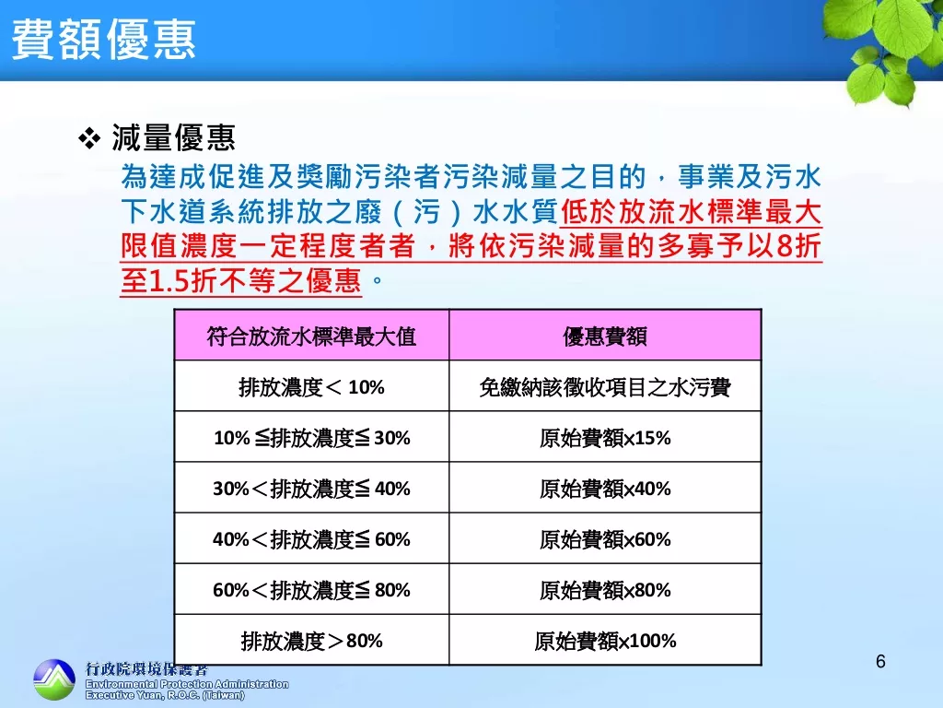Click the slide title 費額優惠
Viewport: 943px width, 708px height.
coord(104,40)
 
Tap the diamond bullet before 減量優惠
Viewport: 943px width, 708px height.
coord(89,138)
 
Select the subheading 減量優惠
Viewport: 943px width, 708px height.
coord(173,138)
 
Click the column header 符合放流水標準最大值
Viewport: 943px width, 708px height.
coord(311,336)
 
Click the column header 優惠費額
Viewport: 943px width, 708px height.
coord(605,336)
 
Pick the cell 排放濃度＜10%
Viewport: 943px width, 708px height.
coord(311,387)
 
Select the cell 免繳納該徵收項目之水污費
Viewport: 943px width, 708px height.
coord(605,387)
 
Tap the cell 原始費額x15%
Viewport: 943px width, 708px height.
coord(605,438)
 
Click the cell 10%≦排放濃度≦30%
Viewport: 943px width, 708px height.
coord(311,438)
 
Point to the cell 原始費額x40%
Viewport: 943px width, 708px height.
coord(605,489)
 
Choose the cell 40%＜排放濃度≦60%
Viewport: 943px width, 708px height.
coord(311,538)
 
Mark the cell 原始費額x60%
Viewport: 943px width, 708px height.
coord(605,538)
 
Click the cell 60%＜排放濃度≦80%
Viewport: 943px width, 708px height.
coord(311,589)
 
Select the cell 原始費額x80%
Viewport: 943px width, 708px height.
coord(605,589)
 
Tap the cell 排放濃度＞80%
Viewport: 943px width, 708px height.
coord(311,641)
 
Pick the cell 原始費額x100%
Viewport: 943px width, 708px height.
coord(605,641)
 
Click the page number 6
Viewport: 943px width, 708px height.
coord(880,662)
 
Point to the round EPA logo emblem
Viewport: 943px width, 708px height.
coord(54,679)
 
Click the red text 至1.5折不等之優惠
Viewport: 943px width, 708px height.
coord(240,280)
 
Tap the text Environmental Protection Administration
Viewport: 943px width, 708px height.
coord(187,685)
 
